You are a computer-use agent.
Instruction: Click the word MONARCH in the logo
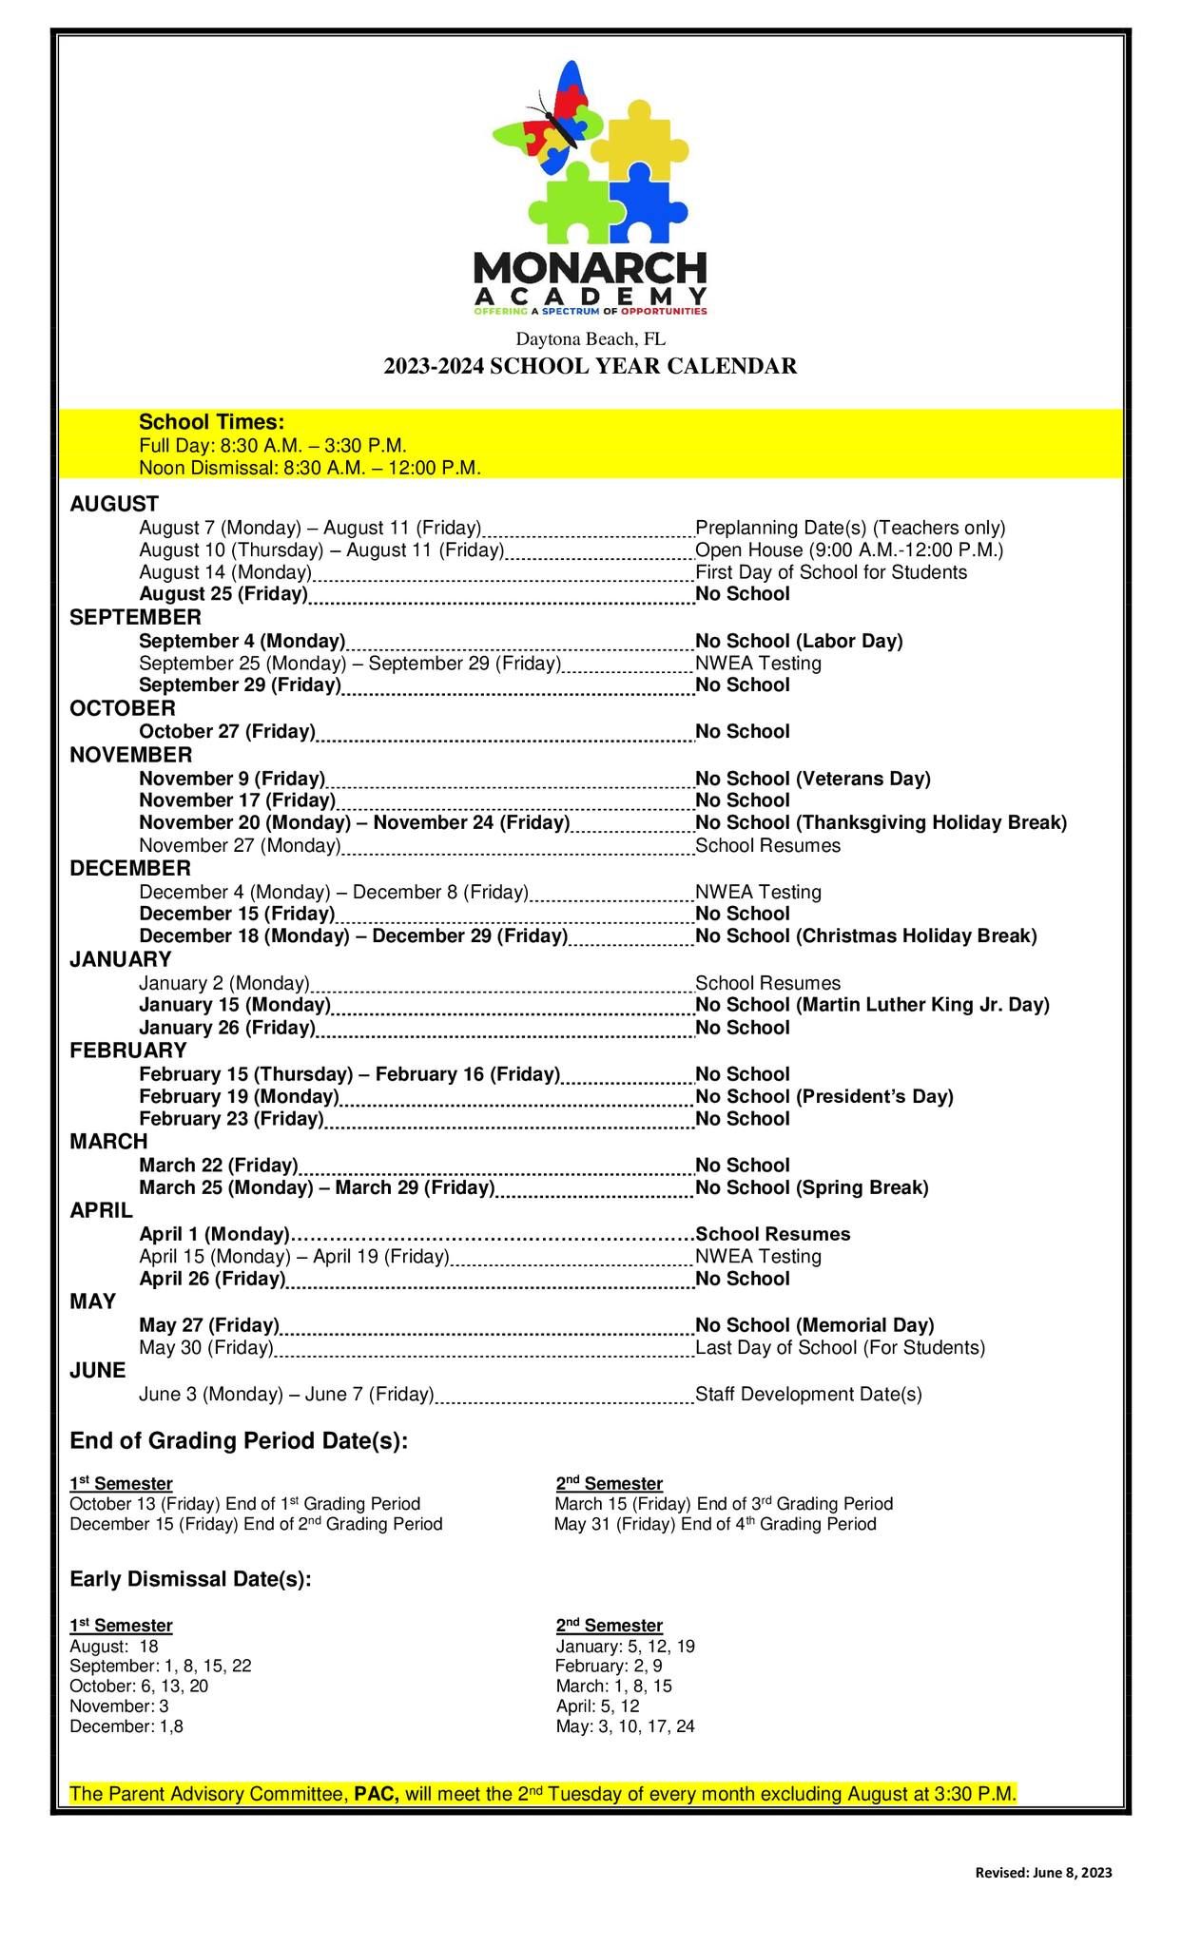point(590,268)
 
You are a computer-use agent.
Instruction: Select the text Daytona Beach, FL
point(590,339)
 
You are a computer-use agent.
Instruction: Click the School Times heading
point(211,422)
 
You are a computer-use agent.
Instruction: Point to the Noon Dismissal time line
point(309,468)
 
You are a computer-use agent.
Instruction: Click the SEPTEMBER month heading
point(135,618)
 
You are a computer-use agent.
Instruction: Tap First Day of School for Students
point(830,572)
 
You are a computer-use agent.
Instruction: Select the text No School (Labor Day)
point(799,641)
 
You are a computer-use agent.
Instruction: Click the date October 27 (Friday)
point(226,731)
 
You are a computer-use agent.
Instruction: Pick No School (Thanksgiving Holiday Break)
point(881,822)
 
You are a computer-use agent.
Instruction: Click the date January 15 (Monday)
point(234,1005)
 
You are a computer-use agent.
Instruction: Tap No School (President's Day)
point(824,1096)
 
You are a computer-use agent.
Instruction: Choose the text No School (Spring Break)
point(811,1187)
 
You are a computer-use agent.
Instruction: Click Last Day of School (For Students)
point(840,1347)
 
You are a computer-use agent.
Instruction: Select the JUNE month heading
point(97,1370)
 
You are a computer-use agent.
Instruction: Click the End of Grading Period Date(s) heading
point(239,1440)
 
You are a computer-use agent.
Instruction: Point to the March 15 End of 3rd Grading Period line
point(724,1504)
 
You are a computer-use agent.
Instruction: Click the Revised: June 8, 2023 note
point(1043,1873)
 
